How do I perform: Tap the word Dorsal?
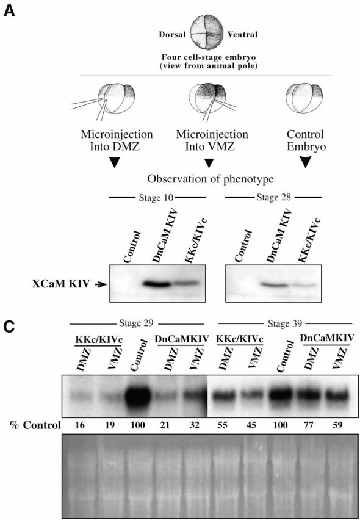coord(172,35)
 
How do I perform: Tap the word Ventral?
coord(242,34)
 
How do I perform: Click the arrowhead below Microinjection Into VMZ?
coord(209,163)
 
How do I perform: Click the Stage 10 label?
coord(157,198)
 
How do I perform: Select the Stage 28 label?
coord(273,198)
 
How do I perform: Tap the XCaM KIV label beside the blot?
coord(62,284)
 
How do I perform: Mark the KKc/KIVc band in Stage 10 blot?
coord(185,284)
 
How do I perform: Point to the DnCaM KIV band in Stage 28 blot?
coord(273,284)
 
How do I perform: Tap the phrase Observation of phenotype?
coord(211,179)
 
